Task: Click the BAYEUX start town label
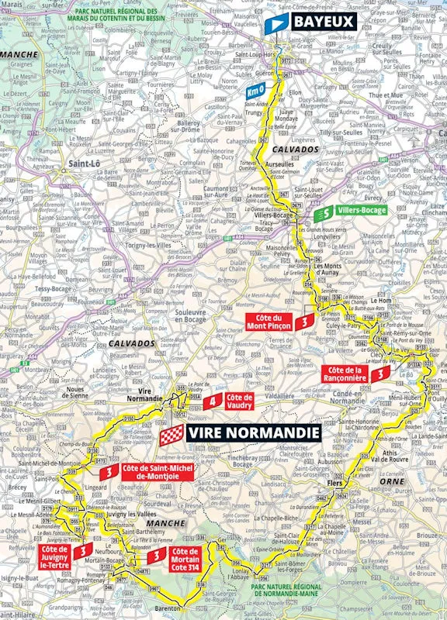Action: tap(323, 22)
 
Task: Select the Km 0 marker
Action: tap(255, 93)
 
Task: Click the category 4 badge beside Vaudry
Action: tap(210, 400)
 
